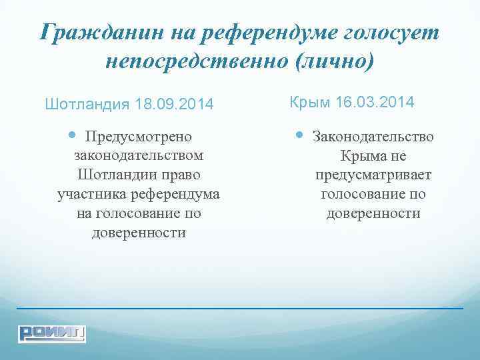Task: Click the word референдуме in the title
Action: pos(267,32)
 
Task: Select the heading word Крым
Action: pos(310,103)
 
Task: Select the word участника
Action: pos(91,195)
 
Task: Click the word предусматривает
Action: pos(373,175)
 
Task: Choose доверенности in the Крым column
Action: pos(373,214)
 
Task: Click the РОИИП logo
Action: pos(52,333)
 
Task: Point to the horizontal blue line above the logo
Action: pos(240,309)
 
